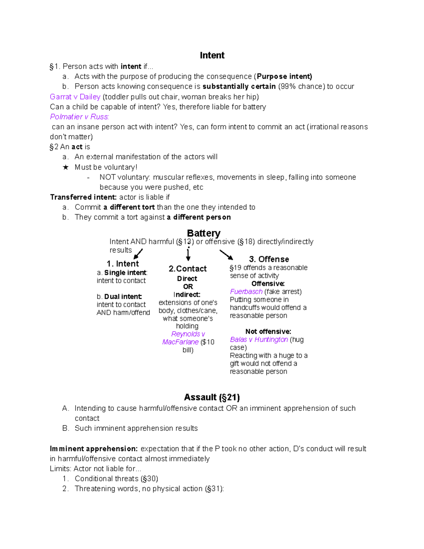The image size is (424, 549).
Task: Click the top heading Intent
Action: coord(212,56)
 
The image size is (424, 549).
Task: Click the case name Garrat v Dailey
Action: coord(75,97)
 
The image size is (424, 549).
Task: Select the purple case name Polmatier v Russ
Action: coord(79,117)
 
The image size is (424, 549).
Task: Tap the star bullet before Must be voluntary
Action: coord(66,167)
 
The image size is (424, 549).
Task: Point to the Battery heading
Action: coord(204,233)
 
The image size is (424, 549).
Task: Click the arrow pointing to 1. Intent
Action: coord(138,254)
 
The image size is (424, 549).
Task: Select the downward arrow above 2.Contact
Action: coord(188,254)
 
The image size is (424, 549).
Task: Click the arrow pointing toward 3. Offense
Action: coord(226,255)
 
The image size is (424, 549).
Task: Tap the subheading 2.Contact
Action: coord(188,269)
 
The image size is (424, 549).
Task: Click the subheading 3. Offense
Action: coord(269,259)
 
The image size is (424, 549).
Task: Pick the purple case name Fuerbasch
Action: coord(246,292)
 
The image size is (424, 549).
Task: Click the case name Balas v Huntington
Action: coord(259,340)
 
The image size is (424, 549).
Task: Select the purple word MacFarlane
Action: coord(180,342)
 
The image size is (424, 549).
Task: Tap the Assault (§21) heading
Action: coord(212,397)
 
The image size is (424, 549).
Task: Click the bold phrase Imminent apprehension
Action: coord(94,449)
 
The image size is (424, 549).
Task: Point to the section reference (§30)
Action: coord(149,479)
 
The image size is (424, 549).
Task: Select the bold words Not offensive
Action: coord(268,332)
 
